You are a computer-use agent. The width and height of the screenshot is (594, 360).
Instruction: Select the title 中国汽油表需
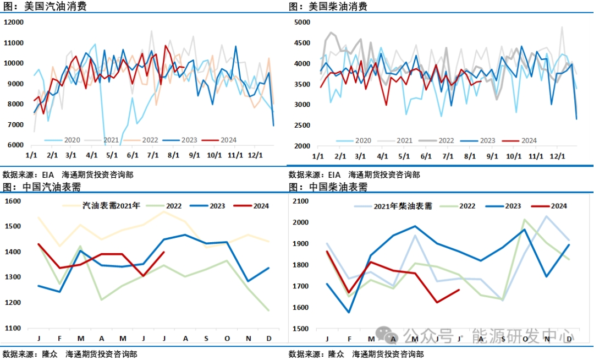51,187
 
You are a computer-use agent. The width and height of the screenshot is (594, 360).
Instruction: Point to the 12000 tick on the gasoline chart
14,22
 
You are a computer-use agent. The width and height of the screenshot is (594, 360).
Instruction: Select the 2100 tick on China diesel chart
301,201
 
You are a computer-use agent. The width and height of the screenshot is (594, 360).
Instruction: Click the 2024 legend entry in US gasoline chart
228,140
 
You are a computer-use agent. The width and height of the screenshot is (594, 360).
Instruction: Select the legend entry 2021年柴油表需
403,206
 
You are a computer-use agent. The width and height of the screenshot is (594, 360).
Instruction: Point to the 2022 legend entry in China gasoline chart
174,206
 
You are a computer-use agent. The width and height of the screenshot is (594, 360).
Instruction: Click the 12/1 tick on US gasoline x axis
255,156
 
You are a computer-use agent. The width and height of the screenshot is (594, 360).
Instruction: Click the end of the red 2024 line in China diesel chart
459,290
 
